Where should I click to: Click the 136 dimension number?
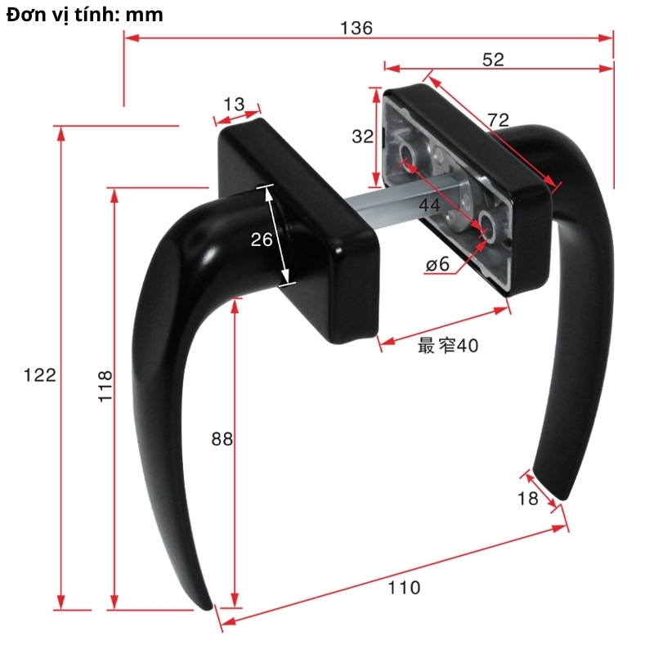point(356,29)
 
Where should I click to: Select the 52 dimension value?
point(494,59)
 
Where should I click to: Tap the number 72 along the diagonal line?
point(498,120)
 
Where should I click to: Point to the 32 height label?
point(362,137)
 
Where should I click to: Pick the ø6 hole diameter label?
point(438,264)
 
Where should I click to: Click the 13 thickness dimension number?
point(234,104)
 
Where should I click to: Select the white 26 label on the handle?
point(262,240)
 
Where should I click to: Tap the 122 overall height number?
point(40,375)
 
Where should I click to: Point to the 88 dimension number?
point(222,439)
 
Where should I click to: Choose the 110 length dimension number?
point(404,587)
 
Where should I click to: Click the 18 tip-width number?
point(528,498)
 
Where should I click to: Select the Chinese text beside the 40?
point(436,346)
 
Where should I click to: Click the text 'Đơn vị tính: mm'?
point(84,15)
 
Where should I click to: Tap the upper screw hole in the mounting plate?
point(408,153)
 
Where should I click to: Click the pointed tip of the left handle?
point(208,607)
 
